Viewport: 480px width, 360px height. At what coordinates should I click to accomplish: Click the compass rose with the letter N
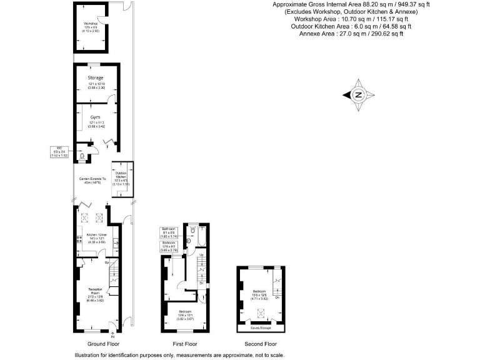point(358,95)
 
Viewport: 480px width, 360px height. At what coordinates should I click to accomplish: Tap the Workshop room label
point(91,25)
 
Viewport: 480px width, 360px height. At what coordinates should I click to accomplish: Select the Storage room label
point(96,78)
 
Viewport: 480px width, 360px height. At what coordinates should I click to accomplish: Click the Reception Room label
point(96,290)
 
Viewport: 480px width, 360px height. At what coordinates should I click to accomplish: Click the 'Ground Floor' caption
point(104,344)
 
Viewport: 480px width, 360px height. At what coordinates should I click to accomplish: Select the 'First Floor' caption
point(184,344)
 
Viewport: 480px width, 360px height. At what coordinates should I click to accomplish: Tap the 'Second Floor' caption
point(261,344)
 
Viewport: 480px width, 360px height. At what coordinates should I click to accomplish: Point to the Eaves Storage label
point(261,327)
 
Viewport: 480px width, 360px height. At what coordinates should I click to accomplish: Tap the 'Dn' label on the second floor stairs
point(277,297)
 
